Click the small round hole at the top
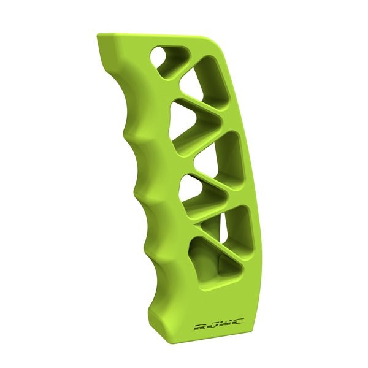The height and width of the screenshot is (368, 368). point(161,57)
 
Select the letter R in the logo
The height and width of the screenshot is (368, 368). point(199,326)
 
